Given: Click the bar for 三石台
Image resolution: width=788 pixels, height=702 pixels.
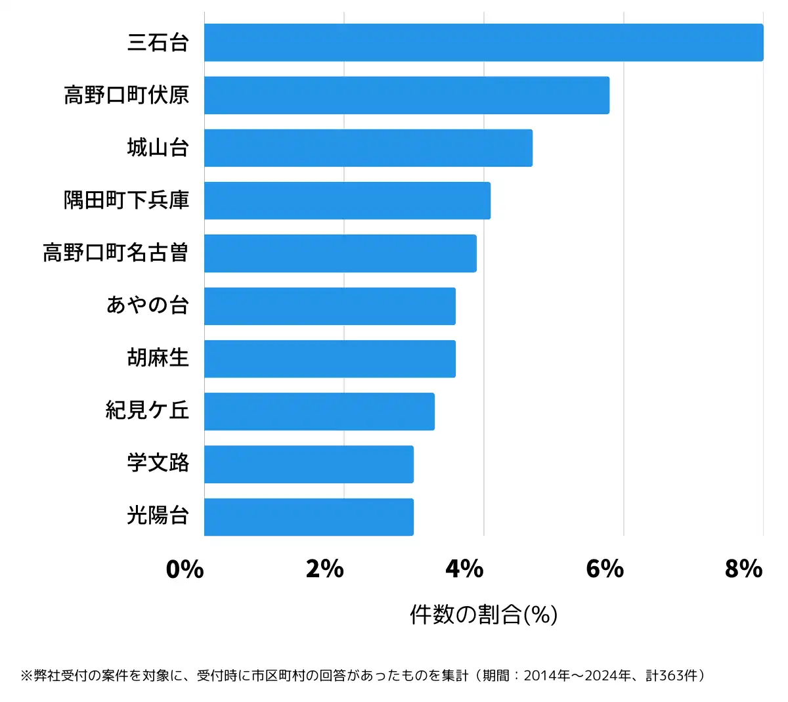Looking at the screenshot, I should pyautogui.click(x=483, y=43).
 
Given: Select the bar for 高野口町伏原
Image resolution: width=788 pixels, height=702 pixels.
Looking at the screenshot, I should pyautogui.click(x=406, y=95).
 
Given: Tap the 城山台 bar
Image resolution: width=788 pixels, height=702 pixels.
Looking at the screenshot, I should pyautogui.click(x=368, y=148).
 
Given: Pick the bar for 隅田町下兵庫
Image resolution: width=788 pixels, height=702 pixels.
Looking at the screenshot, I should pyautogui.click(x=347, y=200).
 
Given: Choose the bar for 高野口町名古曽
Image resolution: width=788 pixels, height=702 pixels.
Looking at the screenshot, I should pyautogui.click(x=340, y=253).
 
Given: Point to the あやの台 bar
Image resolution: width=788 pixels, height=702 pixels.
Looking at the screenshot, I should pyautogui.click(x=330, y=306).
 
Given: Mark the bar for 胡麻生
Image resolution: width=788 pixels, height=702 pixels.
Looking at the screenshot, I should pyautogui.click(x=330, y=359).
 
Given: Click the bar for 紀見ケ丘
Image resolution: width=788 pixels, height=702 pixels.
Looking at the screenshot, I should pyautogui.click(x=319, y=411).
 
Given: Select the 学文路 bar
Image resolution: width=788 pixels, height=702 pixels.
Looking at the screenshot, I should pyautogui.click(x=309, y=464).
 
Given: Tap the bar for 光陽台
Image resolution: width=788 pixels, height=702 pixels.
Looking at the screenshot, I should pyautogui.click(x=309, y=517).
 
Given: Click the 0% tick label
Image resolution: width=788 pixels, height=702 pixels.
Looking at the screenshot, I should pyautogui.click(x=185, y=569).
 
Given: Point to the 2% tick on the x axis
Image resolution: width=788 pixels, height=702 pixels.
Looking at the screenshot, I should pyautogui.click(x=325, y=569).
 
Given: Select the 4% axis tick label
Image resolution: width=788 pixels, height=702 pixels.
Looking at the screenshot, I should pyautogui.click(x=465, y=569).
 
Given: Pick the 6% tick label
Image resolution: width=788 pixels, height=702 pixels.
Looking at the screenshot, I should pyautogui.click(x=605, y=569).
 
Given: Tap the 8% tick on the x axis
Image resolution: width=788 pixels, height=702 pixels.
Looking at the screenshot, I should pyautogui.click(x=744, y=569).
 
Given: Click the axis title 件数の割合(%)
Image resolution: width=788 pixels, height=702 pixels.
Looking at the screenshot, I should pyautogui.click(x=484, y=615).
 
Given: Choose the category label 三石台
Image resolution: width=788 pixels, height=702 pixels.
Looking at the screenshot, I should pyautogui.click(x=158, y=43).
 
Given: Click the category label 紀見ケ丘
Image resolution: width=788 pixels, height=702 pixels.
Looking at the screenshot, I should pyautogui.click(x=148, y=410).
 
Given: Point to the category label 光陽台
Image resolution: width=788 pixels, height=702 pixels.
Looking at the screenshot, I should pyautogui.click(x=158, y=516).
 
